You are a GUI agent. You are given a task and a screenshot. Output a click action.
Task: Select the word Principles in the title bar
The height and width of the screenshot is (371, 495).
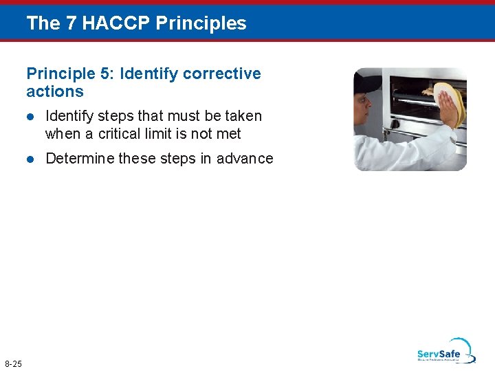point(201,23)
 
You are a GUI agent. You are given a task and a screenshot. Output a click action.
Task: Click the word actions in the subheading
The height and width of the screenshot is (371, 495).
point(55,91)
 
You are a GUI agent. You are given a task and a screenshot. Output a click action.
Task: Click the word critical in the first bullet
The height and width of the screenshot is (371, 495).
point(120,134)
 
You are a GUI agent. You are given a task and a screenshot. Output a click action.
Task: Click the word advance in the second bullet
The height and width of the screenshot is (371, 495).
point(245,159)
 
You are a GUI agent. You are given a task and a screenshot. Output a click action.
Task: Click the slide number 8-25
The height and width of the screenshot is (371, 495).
point(13,363)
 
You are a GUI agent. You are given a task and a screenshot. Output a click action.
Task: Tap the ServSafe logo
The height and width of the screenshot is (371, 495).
point(445,350)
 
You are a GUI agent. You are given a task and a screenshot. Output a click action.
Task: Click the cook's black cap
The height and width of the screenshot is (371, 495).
point(367,83)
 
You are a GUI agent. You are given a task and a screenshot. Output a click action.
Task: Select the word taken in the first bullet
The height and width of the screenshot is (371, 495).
point(243,116)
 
